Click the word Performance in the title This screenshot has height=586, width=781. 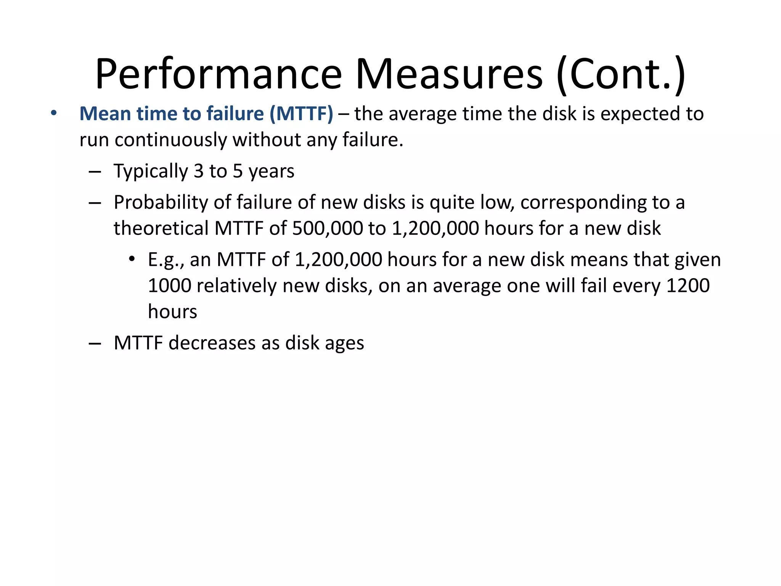pos(218,74)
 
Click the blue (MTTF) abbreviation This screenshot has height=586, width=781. pos(301,114)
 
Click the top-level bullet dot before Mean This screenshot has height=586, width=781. pos(54,113)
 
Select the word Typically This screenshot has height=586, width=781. pos(151,171)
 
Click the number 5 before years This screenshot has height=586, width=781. pos(238,171)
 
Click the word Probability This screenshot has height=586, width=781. pos(161,202)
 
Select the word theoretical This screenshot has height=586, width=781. pos(161,228)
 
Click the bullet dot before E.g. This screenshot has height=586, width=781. pos(132,259)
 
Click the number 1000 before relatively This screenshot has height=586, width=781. pos(169,285)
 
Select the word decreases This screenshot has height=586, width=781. pos(212,343)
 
